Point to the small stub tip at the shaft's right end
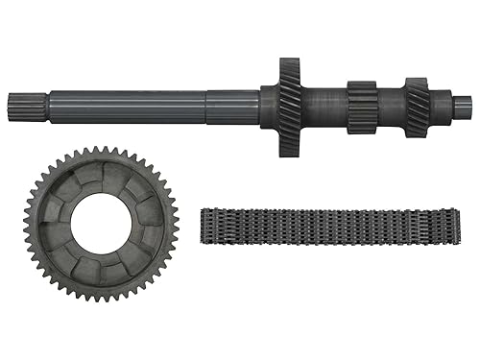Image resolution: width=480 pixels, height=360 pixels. coord(465,99)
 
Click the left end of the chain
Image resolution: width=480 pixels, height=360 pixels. coord(204,228)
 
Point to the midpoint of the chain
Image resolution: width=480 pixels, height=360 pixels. coord(326,228)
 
